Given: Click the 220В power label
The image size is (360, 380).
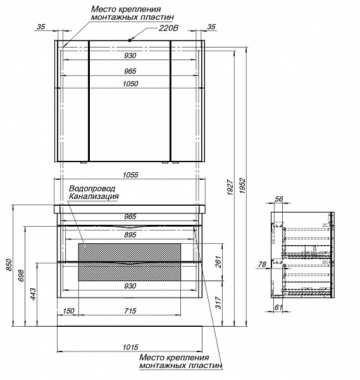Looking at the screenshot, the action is coord(168,28).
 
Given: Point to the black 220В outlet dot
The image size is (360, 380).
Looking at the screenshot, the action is coord(130,41).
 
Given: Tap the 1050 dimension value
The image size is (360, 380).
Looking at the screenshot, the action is coord(130,84).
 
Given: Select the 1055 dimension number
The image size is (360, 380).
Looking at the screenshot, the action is coord(130,175).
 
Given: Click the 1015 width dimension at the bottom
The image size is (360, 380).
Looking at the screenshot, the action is coord(130,347).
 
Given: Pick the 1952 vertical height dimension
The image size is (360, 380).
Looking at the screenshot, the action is coord(242,186).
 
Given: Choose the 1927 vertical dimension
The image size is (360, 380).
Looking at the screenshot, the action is coord(230,187).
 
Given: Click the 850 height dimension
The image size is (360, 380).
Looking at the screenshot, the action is coord(8,265).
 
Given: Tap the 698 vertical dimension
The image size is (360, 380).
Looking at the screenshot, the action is coord(21,275).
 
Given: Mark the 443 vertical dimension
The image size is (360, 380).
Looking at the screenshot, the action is coord(33,294).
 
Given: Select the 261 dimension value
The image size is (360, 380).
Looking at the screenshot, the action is coord(218,262).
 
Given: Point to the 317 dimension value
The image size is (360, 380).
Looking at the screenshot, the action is coord(218,303).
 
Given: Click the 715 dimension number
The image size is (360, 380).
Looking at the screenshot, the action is coord(130,311).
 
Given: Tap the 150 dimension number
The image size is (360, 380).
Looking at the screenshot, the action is coord(68,311).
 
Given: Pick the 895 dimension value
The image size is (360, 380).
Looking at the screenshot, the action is coord(130,234).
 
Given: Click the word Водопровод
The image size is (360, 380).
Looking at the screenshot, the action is coord(92,188).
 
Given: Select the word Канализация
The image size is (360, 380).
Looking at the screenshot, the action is coord(94,196).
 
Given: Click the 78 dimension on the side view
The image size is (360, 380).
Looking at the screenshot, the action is coord(262,264).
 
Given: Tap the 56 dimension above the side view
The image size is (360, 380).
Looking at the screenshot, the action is coord(278,199).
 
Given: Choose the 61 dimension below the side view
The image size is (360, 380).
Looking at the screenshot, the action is coord(278,307).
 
